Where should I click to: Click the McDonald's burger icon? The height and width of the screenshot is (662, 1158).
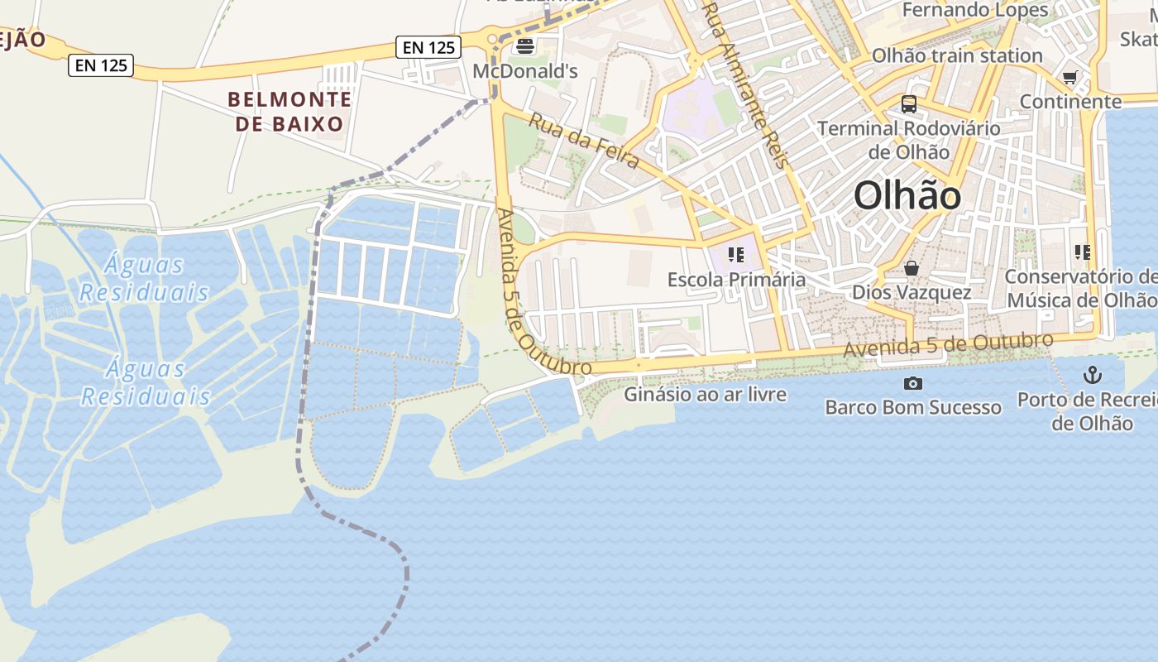coord(524,46)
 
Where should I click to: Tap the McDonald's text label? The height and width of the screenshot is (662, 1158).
coord(524,71)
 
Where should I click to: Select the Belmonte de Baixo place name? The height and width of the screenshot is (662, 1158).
coord(289,112)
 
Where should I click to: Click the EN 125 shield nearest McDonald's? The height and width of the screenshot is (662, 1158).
coord(428,47)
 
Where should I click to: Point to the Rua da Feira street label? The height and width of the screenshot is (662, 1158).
coord(584,141)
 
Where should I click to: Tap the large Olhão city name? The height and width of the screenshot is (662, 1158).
coord(907,197)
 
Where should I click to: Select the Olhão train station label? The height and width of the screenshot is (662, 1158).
coord(957,55)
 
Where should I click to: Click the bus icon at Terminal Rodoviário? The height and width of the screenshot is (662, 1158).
coord(909,104)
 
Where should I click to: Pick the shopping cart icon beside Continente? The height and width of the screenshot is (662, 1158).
coord(1069,78)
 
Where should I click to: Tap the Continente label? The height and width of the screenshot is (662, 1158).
coord(1070,101)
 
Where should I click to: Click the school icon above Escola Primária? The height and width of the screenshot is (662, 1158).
coord(735,254)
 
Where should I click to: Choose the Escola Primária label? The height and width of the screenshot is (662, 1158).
coord(736,279)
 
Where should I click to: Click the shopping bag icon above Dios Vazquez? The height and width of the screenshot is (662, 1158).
coord(912,268)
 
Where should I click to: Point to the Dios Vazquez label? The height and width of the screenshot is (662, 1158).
coord(912,292)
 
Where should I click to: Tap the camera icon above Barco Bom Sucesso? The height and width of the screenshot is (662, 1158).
coord(913,383)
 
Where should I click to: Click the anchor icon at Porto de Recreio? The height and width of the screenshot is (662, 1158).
coord(1093,376)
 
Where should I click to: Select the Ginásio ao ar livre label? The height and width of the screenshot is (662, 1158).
coord(705,394)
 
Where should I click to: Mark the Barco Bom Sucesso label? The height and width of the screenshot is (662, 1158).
coord(913,407)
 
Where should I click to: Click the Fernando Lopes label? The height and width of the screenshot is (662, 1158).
coord(974,10)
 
